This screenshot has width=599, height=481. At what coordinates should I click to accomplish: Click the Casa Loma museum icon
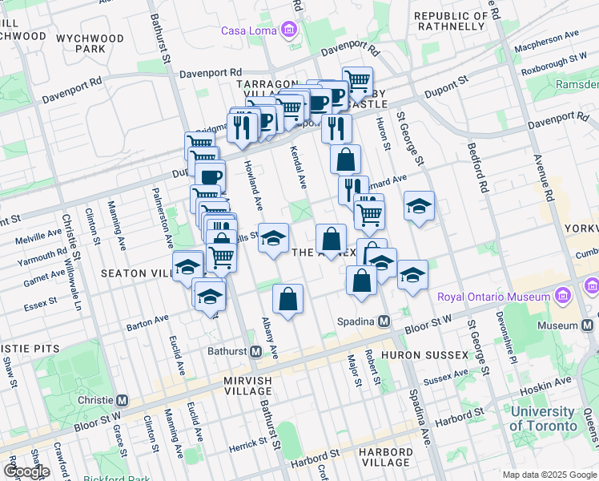click(289, 30)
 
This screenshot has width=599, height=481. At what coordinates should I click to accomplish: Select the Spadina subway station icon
click(384, 321)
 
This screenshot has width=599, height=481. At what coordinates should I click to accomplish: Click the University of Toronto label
click(543, 418)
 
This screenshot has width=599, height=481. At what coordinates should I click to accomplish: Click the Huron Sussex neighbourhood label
click(424, 354)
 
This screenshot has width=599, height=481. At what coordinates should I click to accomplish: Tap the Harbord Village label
click(385, 457)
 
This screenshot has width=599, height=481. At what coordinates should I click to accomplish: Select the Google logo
click(26, 471)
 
